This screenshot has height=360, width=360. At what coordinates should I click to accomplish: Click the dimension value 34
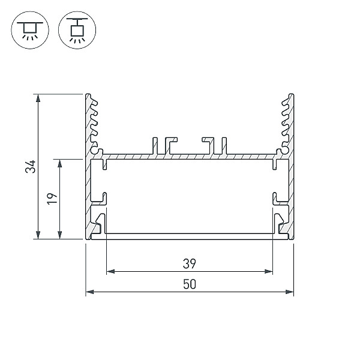pyautogui.click(x=31, y=166)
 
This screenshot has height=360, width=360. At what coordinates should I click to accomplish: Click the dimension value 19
pyautogui.click(x=52, y=199)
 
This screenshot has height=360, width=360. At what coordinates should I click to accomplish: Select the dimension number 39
pyautogui.click(x=190, y=263)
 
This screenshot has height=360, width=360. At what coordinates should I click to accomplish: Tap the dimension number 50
pyautogui.click(x=190, y=284)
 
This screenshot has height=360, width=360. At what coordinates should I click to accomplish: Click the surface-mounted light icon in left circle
pyautogui.click(x=30, y=31)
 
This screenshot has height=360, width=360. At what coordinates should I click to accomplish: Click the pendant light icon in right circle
pyautogui.click(x=77, y=31)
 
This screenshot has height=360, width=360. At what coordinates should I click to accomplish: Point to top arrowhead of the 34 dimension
pyautogui.click(x=38, y=98)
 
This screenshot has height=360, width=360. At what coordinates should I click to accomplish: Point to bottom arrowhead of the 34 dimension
pyautogui.click(x=38, y=235)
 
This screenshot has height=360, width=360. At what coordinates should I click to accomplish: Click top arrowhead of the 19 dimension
pyautogui.click(x=59, y=163)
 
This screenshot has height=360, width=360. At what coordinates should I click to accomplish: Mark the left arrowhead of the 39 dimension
pyautogui.click(x=110, y=272)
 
